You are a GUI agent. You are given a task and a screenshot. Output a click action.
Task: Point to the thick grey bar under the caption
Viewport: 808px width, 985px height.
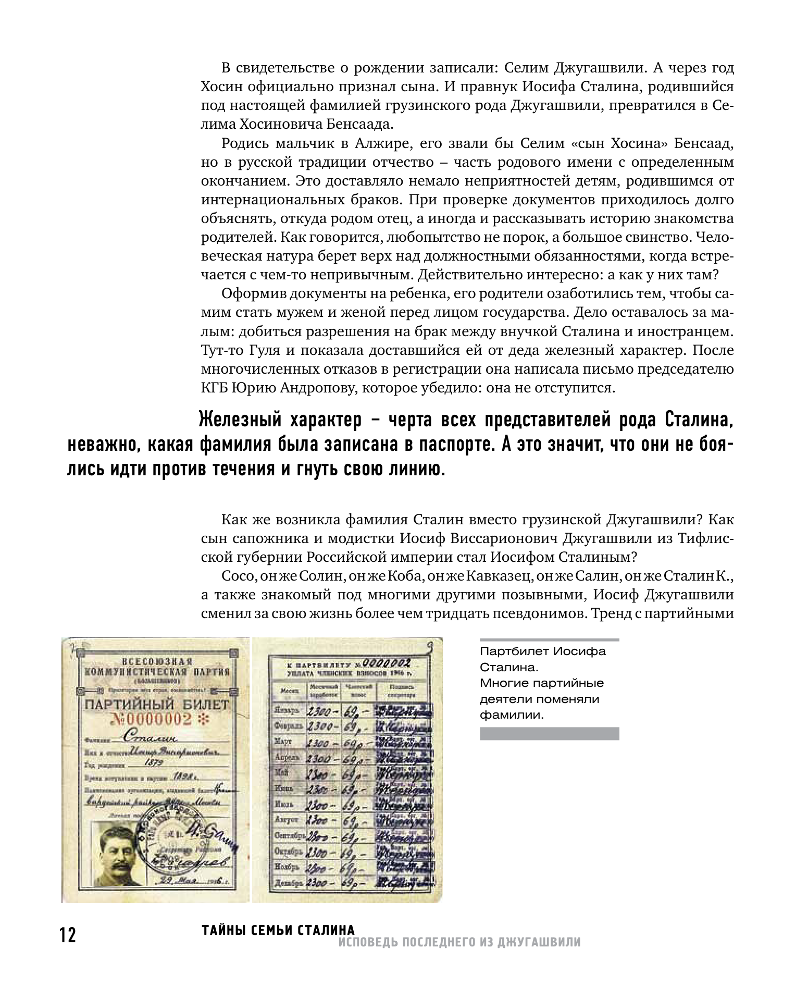(549, 734)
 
